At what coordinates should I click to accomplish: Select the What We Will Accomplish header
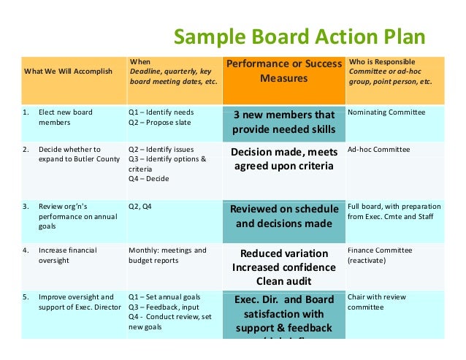click(68, 71)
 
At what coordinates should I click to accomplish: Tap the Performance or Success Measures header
click(283, 71)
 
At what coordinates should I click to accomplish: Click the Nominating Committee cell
click(386, 112)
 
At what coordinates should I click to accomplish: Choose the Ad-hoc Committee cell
click(379, 149)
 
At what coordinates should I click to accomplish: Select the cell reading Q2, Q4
click(142, 206)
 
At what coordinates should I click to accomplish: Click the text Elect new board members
click(66, 118)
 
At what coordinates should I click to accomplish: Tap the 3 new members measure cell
click(283, 123)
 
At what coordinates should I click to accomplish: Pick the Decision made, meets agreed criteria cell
click(283, 159)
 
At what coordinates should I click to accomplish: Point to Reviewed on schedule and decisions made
click(283, 216)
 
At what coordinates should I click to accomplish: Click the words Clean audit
click(283, 281)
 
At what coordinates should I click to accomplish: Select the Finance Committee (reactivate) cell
click(380, 255)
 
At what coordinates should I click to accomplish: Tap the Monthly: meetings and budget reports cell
click(167, 255)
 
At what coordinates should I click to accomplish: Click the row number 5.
click(26, 297)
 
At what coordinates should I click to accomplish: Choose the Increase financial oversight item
click(68, 255)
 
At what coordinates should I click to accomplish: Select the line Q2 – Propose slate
click(160, 123)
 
